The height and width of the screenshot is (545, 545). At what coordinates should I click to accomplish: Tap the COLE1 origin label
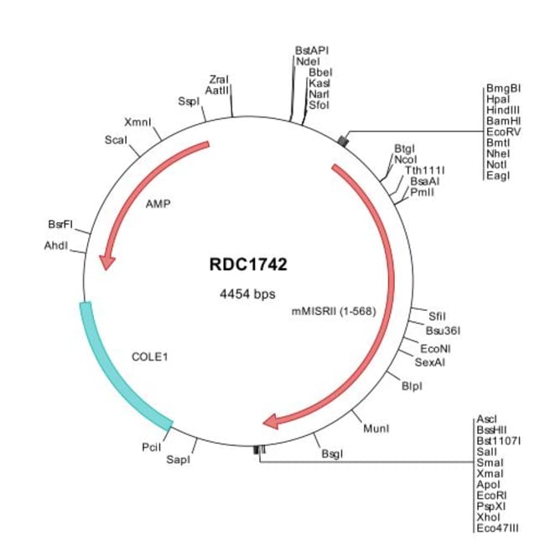(151, 356)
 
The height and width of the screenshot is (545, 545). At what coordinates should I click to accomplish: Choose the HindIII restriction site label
(503, 110)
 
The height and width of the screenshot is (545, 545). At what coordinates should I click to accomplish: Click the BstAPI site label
(312, 49)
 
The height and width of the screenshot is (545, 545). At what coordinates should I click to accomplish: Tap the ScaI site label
(116, 139)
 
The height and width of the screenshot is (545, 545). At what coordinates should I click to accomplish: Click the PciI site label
(152, 449)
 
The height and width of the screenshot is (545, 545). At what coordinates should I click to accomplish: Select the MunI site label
(376, 428)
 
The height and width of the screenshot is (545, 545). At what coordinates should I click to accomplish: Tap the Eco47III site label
(497, 527)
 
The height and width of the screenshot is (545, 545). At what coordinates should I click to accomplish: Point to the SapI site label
(178, 459)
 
